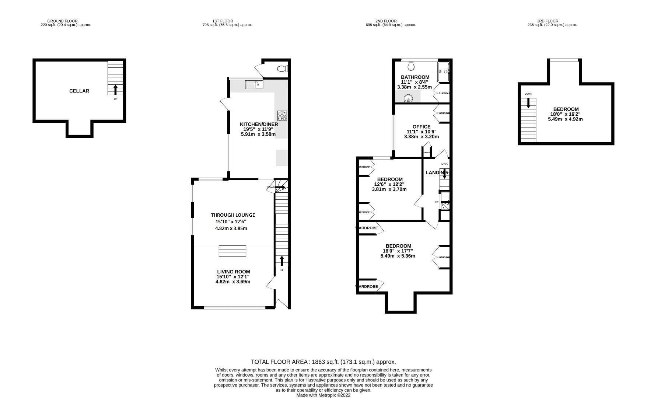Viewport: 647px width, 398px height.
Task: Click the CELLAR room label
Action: (x=79, y=91)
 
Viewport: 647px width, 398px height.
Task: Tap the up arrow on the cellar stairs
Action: (x=115, y=90)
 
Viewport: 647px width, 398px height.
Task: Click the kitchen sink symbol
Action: (x=253, y=85)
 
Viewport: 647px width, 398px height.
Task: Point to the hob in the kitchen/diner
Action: (x=282, y=116)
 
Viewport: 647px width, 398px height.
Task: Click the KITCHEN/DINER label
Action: (x=259, y=124)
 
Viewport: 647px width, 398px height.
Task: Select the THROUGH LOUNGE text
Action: (x=233, y=215)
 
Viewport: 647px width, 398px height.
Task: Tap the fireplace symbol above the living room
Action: (x=232, y=251)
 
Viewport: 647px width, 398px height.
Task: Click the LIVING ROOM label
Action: (x=233, y=272)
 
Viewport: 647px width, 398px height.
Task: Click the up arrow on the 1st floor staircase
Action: (x=282, y=261)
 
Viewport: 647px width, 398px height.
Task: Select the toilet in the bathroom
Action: (x=411, y=66)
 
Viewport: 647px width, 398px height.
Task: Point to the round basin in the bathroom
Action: (x=408, y=98)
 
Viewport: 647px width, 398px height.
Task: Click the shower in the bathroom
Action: (x=443, y=72)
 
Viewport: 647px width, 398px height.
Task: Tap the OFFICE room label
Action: (x=421, y=127)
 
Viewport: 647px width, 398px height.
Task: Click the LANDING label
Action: (x=437, y=173)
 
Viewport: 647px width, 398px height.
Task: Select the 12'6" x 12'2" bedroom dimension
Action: (x=390, y=184)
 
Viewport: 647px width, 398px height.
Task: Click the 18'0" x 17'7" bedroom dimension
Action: (x=398, y=251)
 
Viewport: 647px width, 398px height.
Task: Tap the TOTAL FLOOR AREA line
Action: (x=323, y=362)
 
